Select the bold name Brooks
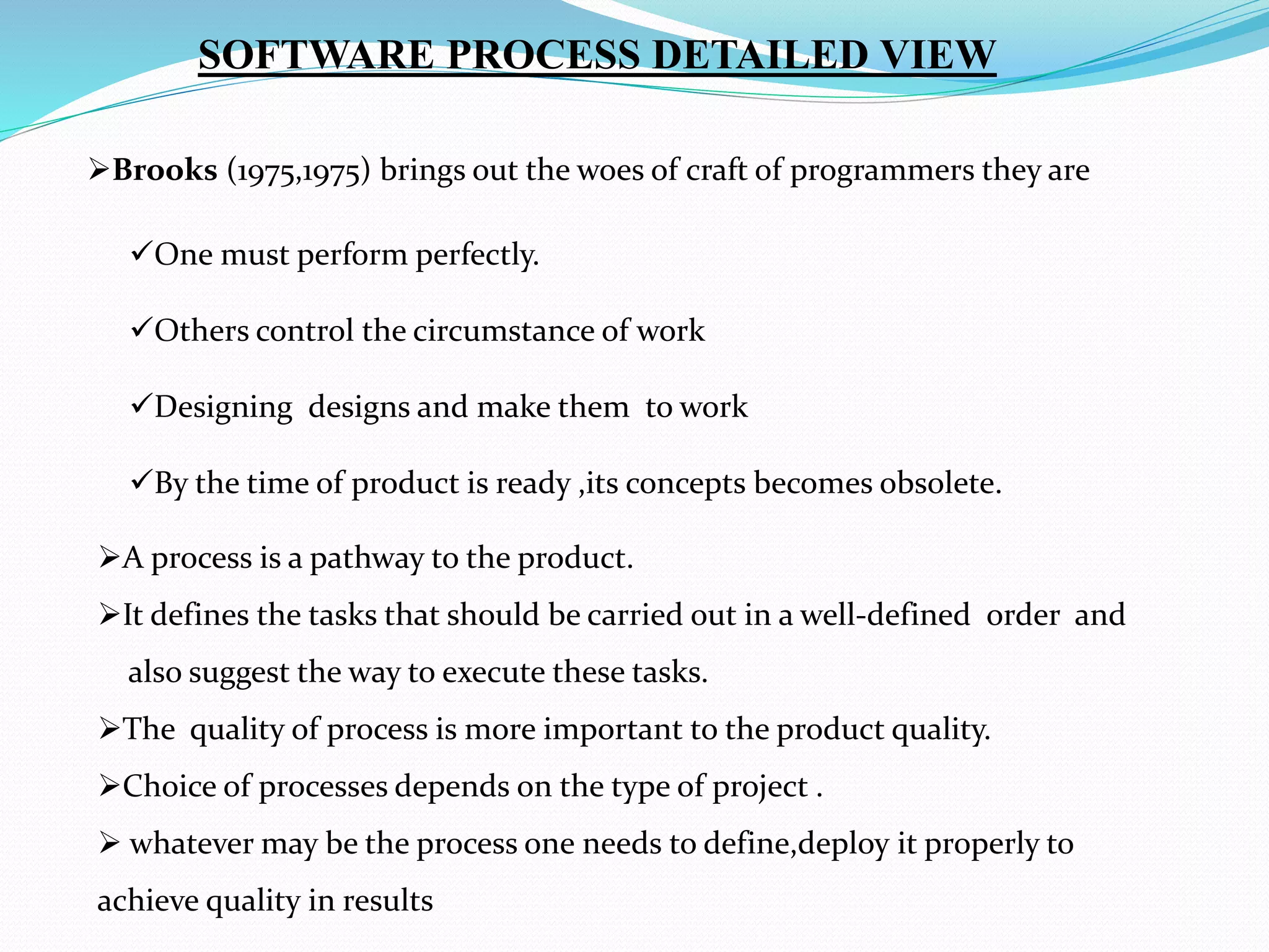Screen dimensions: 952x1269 pyautogui.click(x=165, y=170)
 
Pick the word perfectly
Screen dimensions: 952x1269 pyautogui.click(x=477, y=255)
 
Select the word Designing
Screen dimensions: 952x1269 pyautogui.click(x=223, y=408)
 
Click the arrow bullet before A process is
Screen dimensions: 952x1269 pyautogui.click(x=109, y=558)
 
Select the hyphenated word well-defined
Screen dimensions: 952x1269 pyautogui.click(x=885, y=615)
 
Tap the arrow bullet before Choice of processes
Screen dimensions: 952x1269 pyautogui.click(x=109, y=787)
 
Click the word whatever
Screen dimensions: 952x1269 pyautogui.click(x=191, y=844)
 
